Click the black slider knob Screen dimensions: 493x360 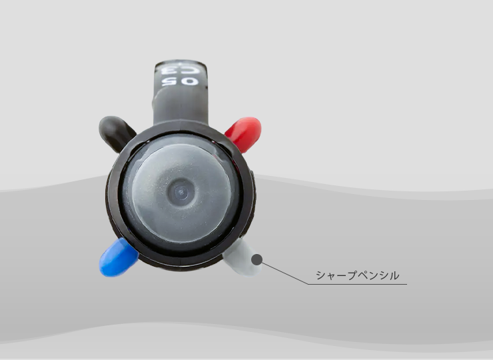point(115,132)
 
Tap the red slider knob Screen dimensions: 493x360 point(245,133)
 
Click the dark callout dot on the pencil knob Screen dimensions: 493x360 point(257,259)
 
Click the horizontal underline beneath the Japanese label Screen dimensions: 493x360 point(358,284)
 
